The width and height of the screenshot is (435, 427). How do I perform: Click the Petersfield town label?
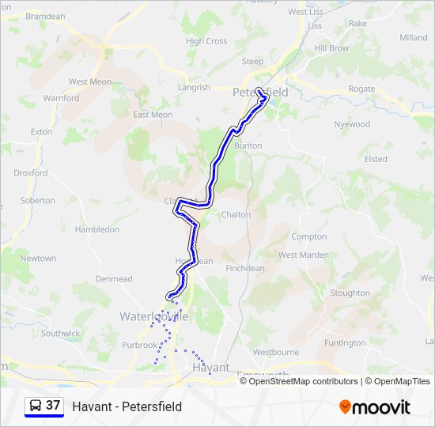pos(261,93)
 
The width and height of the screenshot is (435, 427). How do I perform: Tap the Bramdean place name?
pos(45,16)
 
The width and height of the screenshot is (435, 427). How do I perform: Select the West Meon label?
pos(89,81)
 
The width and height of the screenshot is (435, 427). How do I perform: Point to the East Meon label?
pos(153,115)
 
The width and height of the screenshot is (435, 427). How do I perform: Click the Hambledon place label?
pos(96,229)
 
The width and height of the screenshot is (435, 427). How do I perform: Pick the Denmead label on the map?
pos(114,279)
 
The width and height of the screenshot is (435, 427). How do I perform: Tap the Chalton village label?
pos(236,214)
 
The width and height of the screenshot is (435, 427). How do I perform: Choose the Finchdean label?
pos(245,268)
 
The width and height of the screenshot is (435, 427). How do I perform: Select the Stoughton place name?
pos(350,293)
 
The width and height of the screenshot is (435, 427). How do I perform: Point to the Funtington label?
pos(345,343)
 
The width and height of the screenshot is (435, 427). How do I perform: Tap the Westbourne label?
pos(275,352)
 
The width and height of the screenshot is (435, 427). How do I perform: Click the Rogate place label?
pos(361,89)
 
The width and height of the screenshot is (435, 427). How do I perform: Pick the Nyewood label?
pos(352,124)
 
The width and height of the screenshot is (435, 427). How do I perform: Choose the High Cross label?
pos(206,41)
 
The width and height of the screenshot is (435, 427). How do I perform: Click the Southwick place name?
pos(61,334)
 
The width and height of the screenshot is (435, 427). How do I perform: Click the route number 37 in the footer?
pos(53,406)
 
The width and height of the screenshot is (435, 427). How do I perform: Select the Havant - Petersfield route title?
pos(127,406)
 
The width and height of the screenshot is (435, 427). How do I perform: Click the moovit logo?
pos(375,407)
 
